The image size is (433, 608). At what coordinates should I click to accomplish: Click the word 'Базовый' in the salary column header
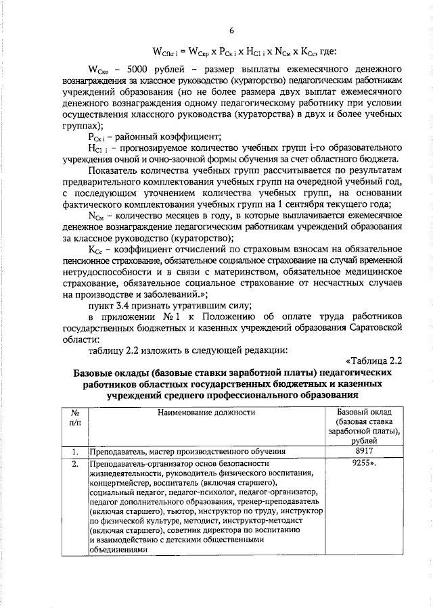tap(352, 411)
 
